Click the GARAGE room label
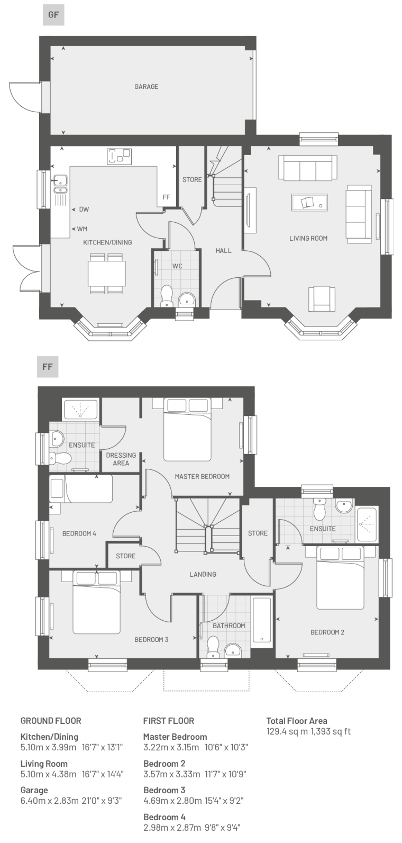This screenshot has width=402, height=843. coord(147,87)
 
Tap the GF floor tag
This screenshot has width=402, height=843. coord(53,15)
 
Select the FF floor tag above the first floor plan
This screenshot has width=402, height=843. coord(48,366)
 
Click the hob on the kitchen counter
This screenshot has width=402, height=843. coord(120,156)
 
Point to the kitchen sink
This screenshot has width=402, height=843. coord(60,184)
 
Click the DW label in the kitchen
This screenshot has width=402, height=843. coord(84,209)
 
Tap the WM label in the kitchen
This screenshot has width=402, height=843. coord(82,229)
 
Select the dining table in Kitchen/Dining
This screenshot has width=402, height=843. coord(107,274)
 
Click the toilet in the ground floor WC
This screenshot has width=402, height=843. coord(166,296)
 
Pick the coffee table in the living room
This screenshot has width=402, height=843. coord(309,203)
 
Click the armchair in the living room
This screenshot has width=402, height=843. coord(322,299)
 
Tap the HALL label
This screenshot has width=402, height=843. coord(223,251)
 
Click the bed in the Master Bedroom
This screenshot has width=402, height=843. coord(187,429)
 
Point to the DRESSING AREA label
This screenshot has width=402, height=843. coord(121,459)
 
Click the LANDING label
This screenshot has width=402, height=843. coord(203,574)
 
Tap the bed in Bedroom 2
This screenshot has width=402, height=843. coord(340,577)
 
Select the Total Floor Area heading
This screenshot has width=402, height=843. coord(297,721)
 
